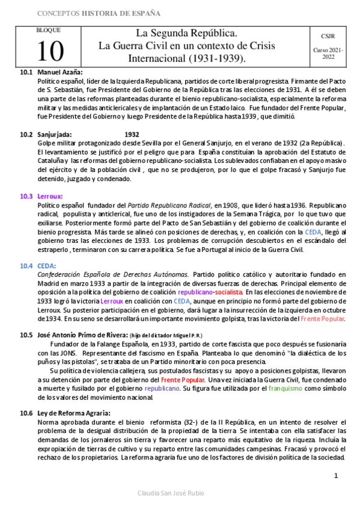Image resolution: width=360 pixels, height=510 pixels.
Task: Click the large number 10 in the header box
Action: coord(49,52)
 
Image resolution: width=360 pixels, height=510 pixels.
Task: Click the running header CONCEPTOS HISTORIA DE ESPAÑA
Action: coord(99,13)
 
